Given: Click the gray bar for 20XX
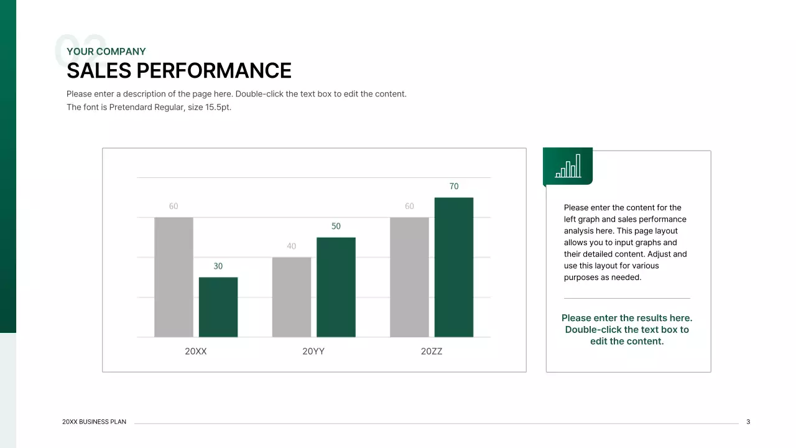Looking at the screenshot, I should click(174, 277).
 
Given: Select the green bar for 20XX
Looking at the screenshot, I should click(218, 307).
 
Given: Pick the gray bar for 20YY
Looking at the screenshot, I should click(292, 297).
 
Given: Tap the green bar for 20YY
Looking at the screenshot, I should click(336, 287).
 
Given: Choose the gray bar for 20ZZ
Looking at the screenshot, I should click(409, 277).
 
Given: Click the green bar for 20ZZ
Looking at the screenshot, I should click(454, 267).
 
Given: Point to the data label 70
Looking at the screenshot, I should click(454, 186).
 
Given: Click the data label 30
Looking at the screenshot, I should click(218, 266).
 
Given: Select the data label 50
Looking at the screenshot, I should click(336, 226).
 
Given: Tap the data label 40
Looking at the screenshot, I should click(292, 246).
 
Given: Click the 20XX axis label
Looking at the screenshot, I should click(196, 352).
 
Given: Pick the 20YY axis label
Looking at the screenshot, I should click(313, 352).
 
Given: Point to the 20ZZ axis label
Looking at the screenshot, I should click(432, 352).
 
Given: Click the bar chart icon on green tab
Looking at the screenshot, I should click(568, 166).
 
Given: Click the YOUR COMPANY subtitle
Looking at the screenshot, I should click(106, 52).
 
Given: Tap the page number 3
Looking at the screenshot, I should click(748, 422).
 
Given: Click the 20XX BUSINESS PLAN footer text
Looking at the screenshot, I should click(95, 422).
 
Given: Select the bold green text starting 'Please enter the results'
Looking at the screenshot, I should click(627, 330).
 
